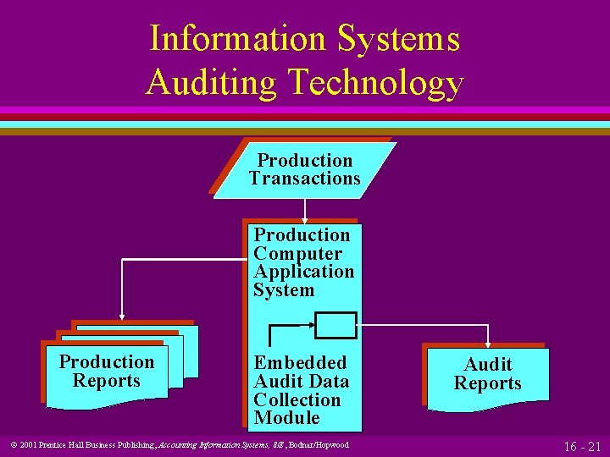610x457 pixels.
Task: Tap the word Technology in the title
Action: click(x=376, y=83)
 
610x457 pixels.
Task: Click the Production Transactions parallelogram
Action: click(x=304, y=169)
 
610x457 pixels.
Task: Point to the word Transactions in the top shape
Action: click(x=304, y=179)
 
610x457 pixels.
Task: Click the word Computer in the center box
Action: click(x=298, y=254)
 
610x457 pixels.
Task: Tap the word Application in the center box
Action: click(x=303, y=272)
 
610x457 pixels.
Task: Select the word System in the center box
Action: click(x=283, y=290)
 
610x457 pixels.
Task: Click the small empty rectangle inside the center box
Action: click(x=335, y=323)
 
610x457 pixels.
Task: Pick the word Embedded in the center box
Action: click(x=300, y=363)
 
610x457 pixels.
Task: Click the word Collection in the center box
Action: click(x=297, y=399)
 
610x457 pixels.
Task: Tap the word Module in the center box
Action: click(x=286, y=418)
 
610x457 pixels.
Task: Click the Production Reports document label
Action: click(x=107, y=372)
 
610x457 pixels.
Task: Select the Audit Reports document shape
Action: click(x=487, y=375)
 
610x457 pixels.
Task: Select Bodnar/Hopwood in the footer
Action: click(x=320, y=445)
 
